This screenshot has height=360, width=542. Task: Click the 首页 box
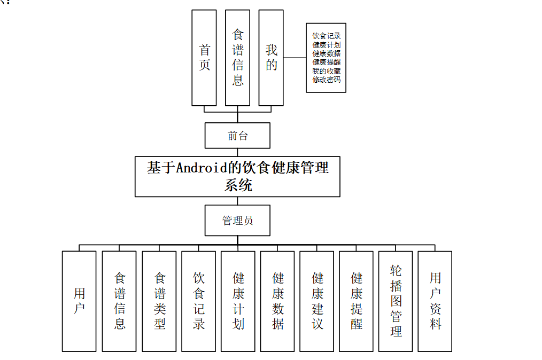click(204, 58)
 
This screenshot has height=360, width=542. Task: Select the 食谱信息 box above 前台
click(238, 58)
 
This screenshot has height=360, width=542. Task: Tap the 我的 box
click(271, 58)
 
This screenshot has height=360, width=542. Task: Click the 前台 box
click(237, 136)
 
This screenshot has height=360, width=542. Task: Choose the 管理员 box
click(237, 221)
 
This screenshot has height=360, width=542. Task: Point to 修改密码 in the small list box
click(326, 80)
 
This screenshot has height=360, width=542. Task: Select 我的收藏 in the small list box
click(326, 71)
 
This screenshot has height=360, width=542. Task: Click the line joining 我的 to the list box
click(295, 58)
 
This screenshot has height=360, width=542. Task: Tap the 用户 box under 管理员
click(79, 301)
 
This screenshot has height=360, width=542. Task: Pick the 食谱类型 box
click(159, 301)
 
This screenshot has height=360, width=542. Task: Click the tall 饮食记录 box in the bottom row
click(198, 301)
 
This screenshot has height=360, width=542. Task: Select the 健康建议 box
click(317, 301)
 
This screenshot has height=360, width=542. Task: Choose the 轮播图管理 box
click(396, 301)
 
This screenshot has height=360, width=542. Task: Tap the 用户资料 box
click(435, 301)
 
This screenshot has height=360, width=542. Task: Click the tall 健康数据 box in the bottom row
click(277, 301)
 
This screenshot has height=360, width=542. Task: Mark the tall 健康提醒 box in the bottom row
click(356, 301)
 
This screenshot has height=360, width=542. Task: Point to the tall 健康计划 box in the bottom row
click(238, 301)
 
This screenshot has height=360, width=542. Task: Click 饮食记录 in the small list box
click(326, 36)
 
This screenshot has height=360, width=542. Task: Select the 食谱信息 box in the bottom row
click(119, 301)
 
